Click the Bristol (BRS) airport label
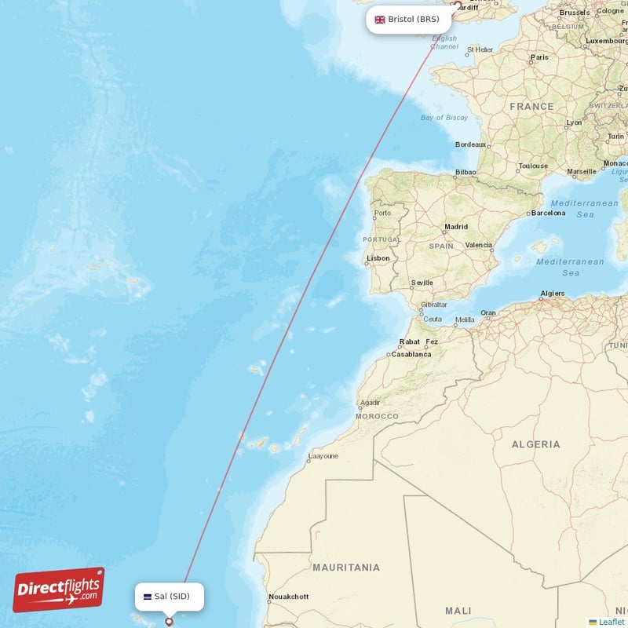pyautogui.click(x=408, y=20)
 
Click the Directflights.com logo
pyautogui.click(x=59, y=590)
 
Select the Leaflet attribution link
pyautogui.click(x=611, y=622)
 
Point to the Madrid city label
pyautogui.click(x=456, y=227)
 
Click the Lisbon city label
pyautogui.click(x=378, y=258)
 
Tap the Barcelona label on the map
pyautogui.click(x=548, y=213)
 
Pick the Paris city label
pyautogui.click(x=539, y=57)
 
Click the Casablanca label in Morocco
pyautogui.click(x=411, y=354)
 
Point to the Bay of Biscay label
pyautogui.click(x=444, y=118)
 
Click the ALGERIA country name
pyautogui.click(x=536, y=444)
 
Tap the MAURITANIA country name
pyautogui.click(x=346, y=567)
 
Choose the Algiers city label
pyautogui.click(x=552, y=294)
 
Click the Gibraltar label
pyautogui.click(x=434, y=305)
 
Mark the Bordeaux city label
pyautogui.click(x=471, y=144)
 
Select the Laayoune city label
pyautogui.click(x=323, y=455)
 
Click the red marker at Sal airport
pyautogui.click(x=169, y=622)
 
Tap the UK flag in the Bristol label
pyautogui.click(x=380, y=20)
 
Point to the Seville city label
pyautogui.click(x=422, y=283)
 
